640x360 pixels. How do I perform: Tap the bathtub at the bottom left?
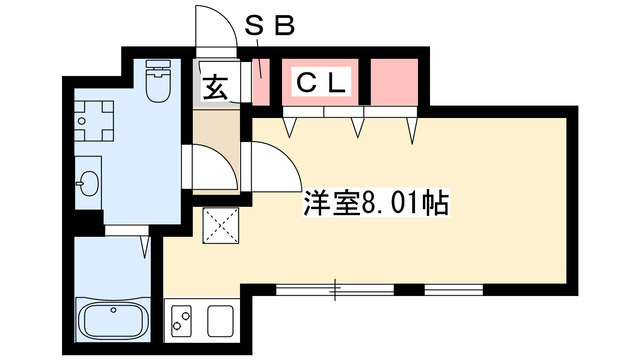coord(112,320)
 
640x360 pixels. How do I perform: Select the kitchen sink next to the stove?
coord(220,323)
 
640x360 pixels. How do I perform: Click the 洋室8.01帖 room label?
coord(375,205)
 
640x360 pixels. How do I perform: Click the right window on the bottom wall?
coord(454,290)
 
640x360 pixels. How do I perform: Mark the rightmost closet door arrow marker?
coord(411,128)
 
